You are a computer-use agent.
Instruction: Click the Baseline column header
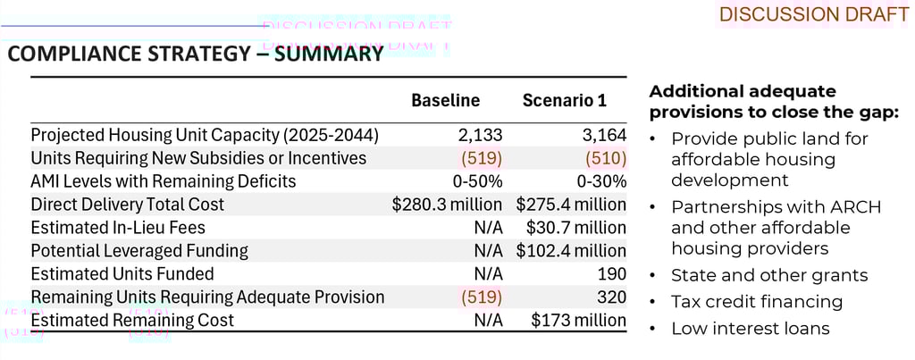[x=445, y=101]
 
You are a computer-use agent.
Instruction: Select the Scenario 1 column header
[x=564, y=101]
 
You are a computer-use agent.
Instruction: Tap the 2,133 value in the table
[x=481, y=135]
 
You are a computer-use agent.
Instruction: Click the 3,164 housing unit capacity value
[x=604, y=135]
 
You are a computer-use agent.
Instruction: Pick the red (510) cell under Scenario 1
[x=606, y=158]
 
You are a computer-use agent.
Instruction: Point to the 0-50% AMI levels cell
[x=475, y=181]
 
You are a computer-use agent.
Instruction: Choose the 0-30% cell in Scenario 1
[x=599, y=181]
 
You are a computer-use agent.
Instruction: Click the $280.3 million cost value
[x=447, y=205]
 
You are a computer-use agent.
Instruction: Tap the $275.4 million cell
[x=571, y=205]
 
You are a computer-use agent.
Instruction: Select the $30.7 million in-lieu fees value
[x=576, y=228]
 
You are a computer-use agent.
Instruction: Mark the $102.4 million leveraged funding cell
[x=571, y=251]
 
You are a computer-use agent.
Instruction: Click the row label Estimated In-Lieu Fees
[x=114, y=228]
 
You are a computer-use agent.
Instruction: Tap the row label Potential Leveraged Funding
[x=139, y=251]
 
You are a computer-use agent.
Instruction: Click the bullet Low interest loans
[x=750, y=329]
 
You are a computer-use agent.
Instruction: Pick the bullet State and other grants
[x=769, y=275]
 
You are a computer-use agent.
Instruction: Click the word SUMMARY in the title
[x=329, y=55]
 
